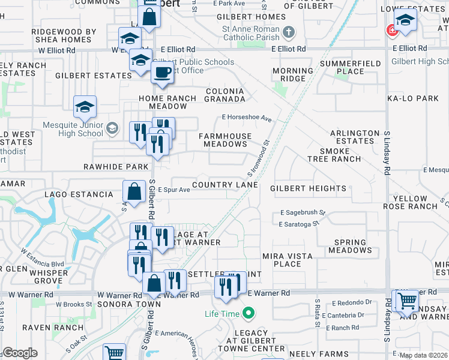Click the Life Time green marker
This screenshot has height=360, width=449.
[247, 313]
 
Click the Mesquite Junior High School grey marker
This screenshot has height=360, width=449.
[112, 127]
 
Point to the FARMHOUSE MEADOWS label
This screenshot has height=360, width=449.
[225, 140]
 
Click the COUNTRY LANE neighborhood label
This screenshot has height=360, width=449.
[225, 185]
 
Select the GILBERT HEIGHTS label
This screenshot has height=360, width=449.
[308, 188]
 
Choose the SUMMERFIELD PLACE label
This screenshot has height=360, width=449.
[342, 67]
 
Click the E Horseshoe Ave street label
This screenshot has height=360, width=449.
[247, 118]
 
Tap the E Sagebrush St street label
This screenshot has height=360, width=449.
[302, 212]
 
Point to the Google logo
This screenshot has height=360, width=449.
[20, 353]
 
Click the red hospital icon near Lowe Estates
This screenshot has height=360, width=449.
[393, 29]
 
